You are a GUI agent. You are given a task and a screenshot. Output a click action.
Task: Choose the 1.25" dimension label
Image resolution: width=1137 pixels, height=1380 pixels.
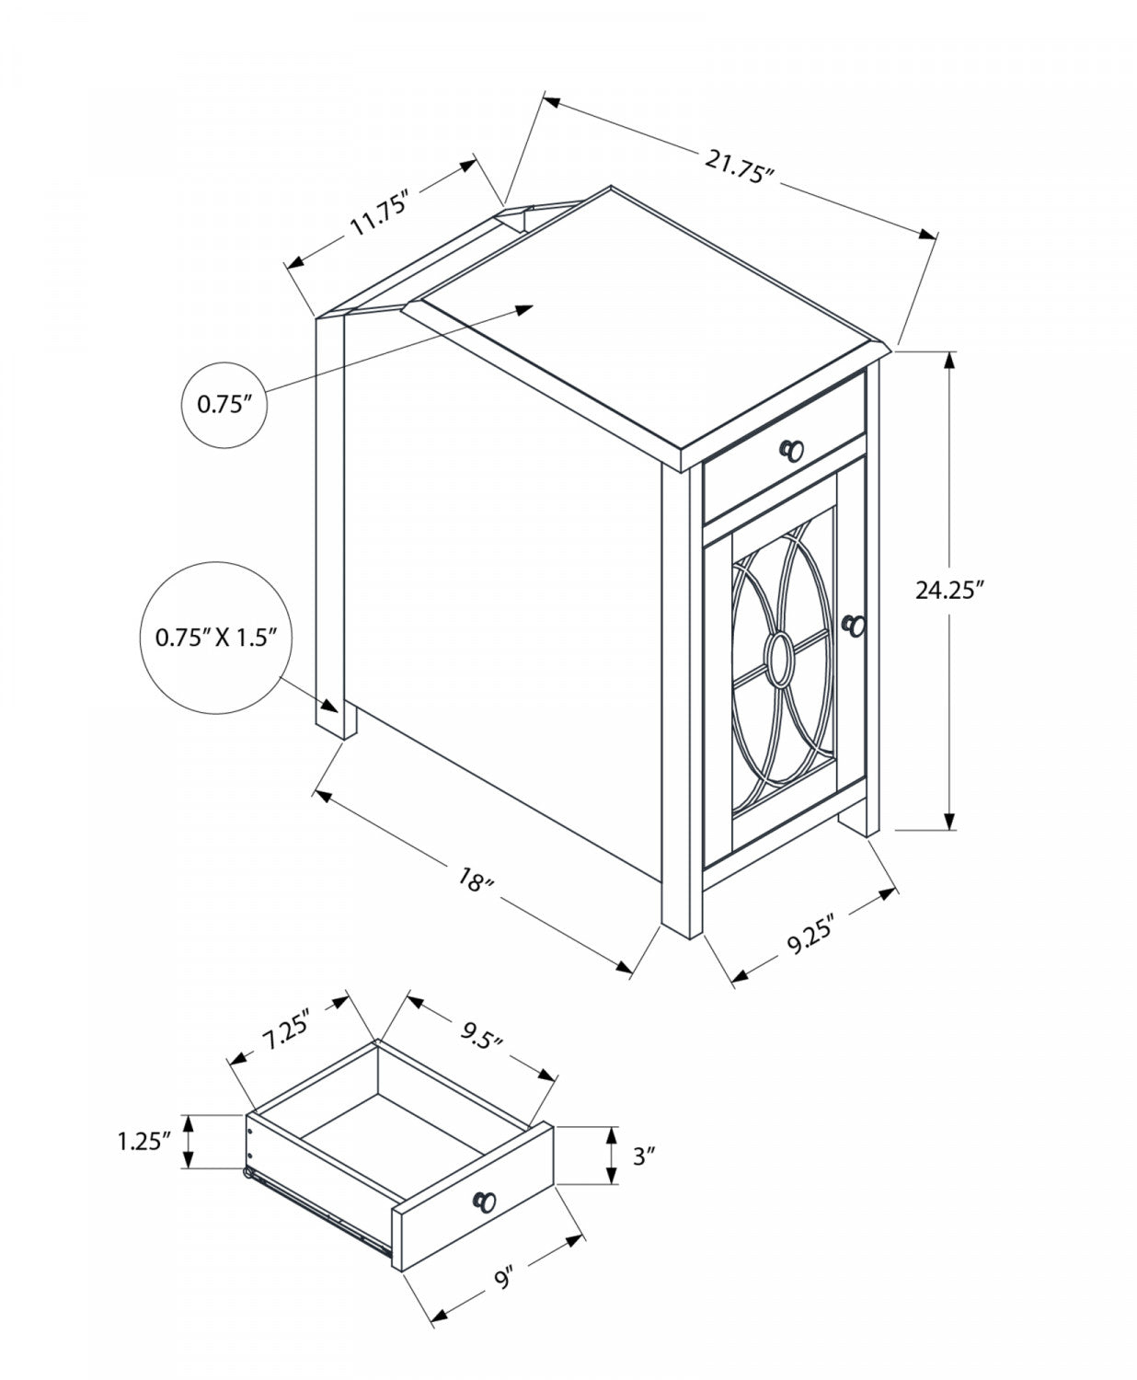click(144, 1142)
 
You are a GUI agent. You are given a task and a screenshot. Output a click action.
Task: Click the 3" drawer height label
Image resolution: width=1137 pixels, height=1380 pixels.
click(642, 1156)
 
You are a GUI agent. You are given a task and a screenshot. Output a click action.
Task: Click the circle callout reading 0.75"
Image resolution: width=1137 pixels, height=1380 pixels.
click(224, 405)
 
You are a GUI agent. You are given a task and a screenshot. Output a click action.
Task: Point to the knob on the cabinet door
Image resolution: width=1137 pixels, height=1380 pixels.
click(854, 625)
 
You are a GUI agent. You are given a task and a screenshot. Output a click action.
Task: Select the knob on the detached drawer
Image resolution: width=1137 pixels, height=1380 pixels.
click(484, 1200)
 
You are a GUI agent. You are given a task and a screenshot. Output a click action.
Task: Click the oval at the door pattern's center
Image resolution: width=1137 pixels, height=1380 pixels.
click(781, 659)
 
